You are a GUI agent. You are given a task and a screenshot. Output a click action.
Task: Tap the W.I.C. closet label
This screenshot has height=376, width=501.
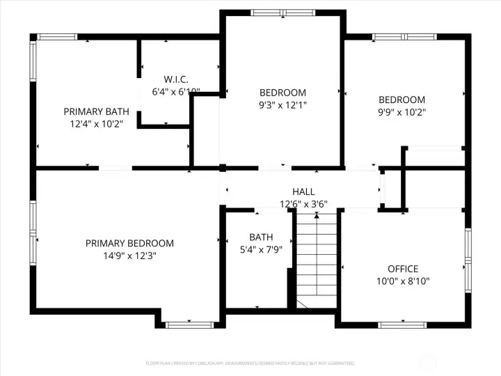point(176,79)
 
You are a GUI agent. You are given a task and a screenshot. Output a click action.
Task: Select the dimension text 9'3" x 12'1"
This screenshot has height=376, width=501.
point(283,105)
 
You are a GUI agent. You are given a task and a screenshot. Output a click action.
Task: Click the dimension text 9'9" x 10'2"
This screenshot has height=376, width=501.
point(401,111)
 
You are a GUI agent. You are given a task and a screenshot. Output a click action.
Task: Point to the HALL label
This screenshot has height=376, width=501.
point(303,191)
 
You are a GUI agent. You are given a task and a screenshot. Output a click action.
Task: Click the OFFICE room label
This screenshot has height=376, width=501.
point(403,269)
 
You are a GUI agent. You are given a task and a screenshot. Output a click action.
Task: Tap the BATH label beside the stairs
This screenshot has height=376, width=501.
point(261,237)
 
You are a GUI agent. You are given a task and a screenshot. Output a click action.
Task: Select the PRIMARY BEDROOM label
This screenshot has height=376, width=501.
point(129,243)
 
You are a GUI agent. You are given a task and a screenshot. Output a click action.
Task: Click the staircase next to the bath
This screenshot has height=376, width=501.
point(317,261)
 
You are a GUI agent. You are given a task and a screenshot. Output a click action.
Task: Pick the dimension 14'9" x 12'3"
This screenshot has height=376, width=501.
point(129,256)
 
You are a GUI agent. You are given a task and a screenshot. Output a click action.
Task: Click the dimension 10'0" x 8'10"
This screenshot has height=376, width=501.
point(403,281)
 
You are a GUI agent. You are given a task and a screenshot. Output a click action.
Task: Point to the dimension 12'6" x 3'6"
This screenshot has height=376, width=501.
point(303,204)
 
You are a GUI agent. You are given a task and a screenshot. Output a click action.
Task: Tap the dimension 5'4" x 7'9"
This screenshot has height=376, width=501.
point(261,249)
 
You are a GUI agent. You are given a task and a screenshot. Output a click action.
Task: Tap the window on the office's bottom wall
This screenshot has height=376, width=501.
point(402,324)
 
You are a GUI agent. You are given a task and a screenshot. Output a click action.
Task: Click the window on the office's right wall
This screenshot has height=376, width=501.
point(468,259)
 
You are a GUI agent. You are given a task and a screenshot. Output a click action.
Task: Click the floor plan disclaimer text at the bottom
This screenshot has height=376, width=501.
point(250,363)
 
